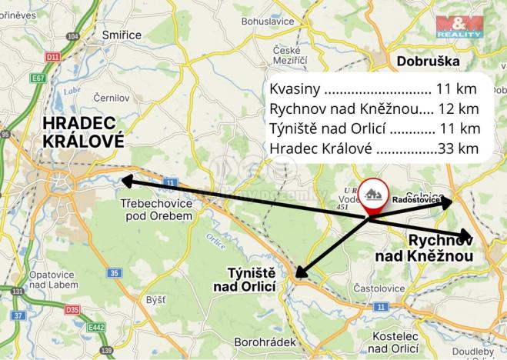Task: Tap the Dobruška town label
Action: [428, 61]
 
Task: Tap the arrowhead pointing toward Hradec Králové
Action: [124, 181]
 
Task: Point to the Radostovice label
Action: [416, 200]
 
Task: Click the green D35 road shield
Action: [72, 310]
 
